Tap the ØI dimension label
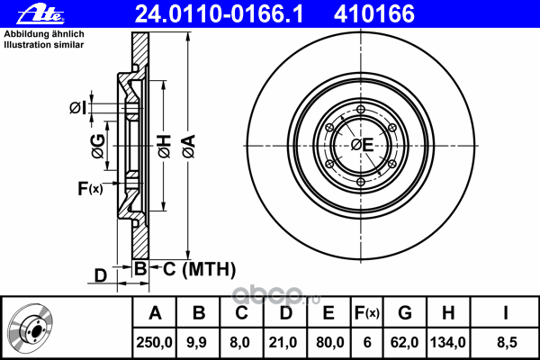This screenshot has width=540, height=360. [x=79, y=109]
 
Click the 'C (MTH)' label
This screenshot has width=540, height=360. [x=193, y=267]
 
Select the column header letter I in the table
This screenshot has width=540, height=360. [x=507, y=312]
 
